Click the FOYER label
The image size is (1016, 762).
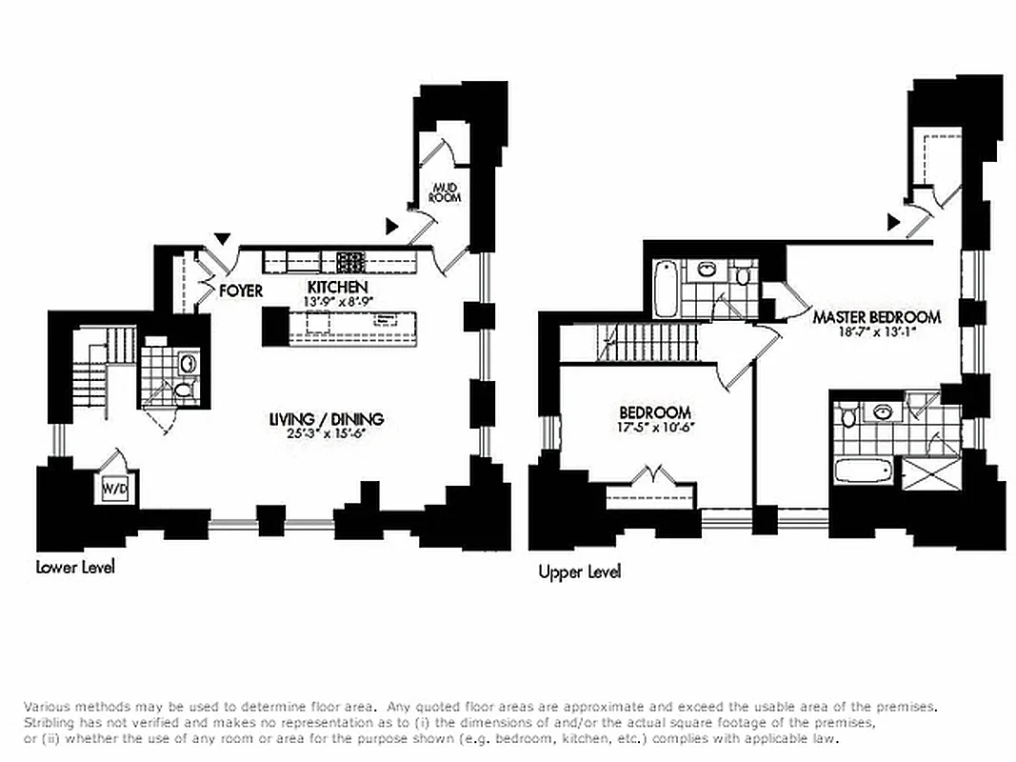pos(241,291)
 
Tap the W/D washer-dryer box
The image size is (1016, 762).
pos(114,490)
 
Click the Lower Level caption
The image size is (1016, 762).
pos(75,568)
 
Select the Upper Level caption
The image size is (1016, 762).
pos(579,572)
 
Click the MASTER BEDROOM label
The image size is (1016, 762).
pos(876,317)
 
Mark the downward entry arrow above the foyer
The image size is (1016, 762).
pos(223,238)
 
